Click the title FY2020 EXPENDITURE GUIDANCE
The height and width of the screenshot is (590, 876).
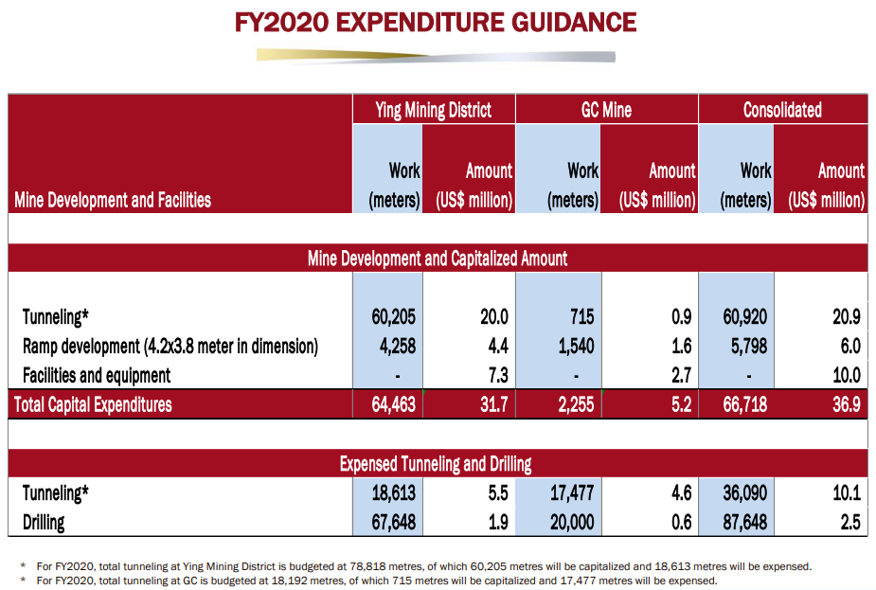(x=437, y=22)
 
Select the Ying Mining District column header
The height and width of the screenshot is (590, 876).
(x=434, y=110)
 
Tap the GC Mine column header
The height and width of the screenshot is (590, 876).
(x=606, y=110)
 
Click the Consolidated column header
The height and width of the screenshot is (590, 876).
(x=782, y=110)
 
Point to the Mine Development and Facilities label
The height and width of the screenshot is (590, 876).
(x=113, y=200)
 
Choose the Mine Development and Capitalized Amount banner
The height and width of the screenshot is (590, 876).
(x=438, y=258)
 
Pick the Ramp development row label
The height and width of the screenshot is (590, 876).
(x=170, y=347)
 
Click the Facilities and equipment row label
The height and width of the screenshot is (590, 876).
(x=97, y=376)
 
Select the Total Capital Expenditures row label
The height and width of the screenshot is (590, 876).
(x=93, y=404)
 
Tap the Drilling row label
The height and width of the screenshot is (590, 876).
(x=44, y=522)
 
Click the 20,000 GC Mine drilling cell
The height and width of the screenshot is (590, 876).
(x=571, y=522)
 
